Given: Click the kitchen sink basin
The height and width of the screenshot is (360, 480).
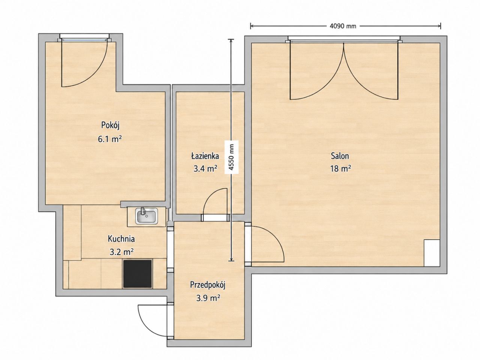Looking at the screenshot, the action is (x=146, y=216).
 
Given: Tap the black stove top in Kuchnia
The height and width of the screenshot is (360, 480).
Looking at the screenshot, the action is (x=138, y=273).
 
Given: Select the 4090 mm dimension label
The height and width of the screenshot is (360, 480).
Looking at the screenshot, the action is (x=343, y=26).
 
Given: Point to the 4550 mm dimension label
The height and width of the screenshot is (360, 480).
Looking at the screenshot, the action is (x=231, y=157).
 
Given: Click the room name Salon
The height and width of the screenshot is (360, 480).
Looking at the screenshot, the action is (x=340, y=156).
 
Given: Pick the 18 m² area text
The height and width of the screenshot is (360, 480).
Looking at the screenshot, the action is (x=341, y=168).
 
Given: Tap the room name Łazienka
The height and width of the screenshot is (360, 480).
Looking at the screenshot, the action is (x=205, y=156).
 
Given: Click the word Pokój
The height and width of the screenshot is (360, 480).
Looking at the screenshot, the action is (x=110, y=125).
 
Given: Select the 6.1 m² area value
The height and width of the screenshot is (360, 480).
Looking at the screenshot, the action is (x=110, y=139).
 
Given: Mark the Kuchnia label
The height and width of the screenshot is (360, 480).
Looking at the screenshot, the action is (x=121, y=239).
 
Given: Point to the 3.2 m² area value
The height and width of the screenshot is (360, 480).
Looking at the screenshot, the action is (x=121, y=252).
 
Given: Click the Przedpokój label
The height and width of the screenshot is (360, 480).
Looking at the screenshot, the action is (x=207, y=285).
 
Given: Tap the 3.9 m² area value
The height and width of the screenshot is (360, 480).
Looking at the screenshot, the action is (x=208, y=298).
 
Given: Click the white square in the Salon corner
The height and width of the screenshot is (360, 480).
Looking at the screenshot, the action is (x=432, y=253).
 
